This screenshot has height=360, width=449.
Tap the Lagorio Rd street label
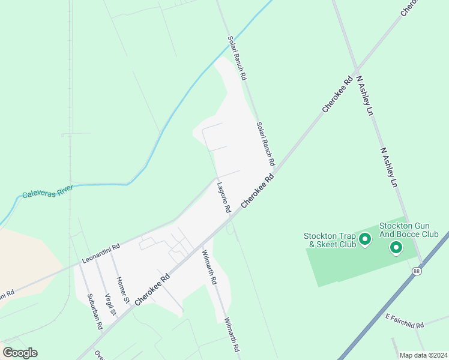[x=224, y=198]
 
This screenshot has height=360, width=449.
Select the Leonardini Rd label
[x=101, y=255]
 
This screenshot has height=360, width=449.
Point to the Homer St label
[x=124, y=289]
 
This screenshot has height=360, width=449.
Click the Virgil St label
[x=110, y=305]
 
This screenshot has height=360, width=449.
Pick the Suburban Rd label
[x=95, y=311]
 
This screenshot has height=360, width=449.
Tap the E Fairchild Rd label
[x=405, y=321]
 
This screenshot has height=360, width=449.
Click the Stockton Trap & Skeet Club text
[x=330, y=240]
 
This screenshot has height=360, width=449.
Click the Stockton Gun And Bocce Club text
[x=409, y=230]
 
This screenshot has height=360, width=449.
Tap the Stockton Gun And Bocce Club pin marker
[x=396, y=247]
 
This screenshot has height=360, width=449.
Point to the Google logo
[x=20, y=353]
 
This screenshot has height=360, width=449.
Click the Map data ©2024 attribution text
[x=423, y=355]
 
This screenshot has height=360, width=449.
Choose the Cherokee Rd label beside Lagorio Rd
[x=258, y=191]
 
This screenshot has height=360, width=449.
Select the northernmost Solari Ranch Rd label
[x=237, y=58]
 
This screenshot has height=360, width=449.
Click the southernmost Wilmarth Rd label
[x=232, y=335]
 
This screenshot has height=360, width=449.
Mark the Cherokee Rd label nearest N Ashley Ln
[x=337, y=94]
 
